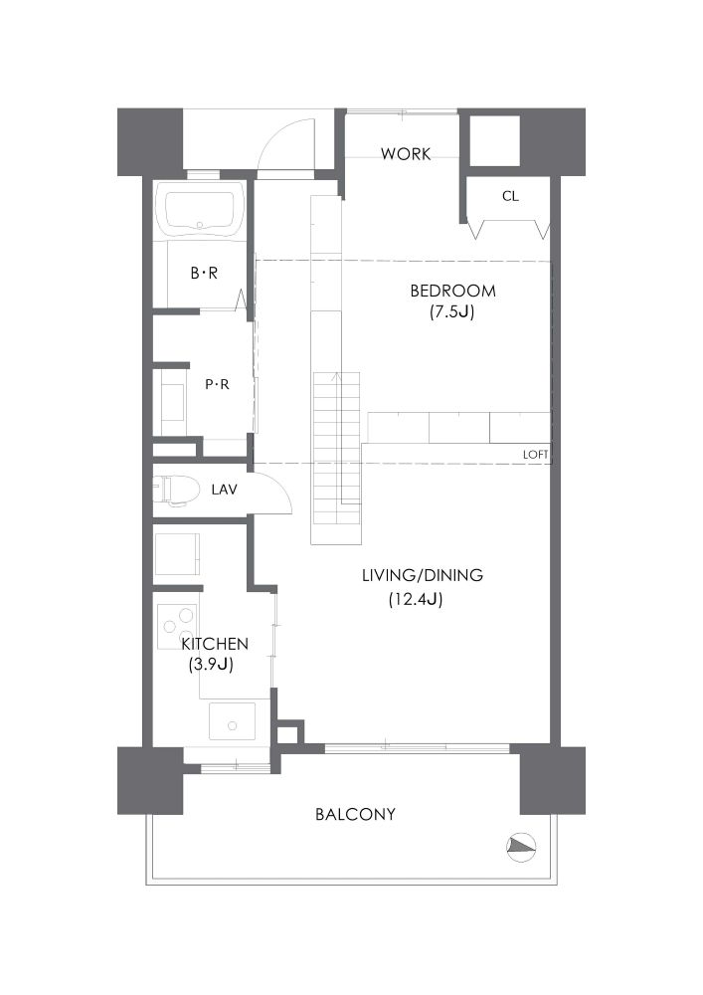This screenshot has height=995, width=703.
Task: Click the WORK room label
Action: click(406, 153)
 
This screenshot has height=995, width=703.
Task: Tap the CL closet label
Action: click(510, 196)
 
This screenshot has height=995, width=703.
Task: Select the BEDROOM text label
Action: click(452, 292)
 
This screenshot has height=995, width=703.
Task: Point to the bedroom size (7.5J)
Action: click(452, 312)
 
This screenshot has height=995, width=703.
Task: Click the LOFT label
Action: click(536, 455)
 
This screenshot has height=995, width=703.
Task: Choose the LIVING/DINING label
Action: click(423, 575)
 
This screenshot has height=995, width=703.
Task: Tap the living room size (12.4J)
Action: click(416, 598)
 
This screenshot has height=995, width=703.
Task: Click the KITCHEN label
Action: click(215, 644)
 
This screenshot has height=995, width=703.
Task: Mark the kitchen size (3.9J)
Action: click(211, 665)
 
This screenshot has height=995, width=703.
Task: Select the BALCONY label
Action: click(355, 814)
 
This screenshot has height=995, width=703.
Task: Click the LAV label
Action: click(225, 490)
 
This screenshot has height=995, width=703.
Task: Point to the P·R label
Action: click(217, 384)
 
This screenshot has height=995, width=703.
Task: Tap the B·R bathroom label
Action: click(204, 273)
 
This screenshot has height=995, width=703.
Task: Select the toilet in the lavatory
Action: click(174, 490)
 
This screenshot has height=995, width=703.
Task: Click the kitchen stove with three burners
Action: click(178, 626)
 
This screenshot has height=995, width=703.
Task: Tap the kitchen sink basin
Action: click(232, 721)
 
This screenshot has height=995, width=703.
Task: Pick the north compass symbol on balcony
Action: click(522, 846)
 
